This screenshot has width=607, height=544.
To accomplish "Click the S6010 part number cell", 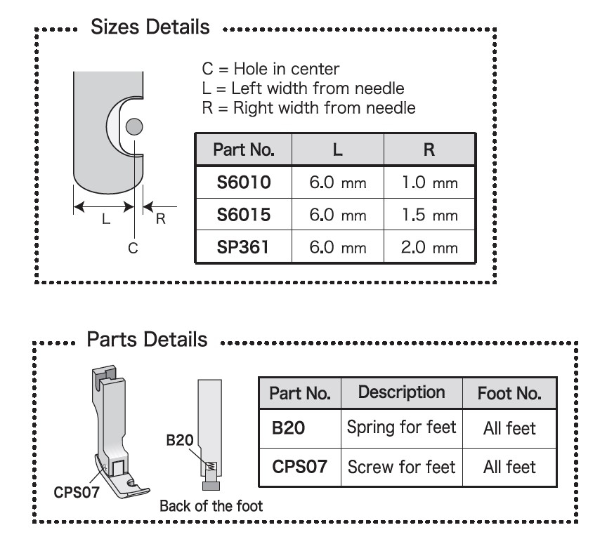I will (243, 183).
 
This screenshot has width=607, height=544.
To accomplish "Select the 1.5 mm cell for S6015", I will (429, 215).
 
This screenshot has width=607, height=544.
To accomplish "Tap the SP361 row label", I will (243, 247).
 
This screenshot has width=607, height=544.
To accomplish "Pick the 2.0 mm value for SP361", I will (429, 247).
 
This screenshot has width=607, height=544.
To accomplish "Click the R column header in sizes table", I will (429, 150).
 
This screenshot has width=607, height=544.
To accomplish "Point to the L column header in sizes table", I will (338, 150).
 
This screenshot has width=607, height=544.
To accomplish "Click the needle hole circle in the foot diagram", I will (134, 126).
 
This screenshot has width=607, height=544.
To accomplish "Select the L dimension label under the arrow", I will (105, 219).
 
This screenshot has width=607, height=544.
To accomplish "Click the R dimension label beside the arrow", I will (160, 218).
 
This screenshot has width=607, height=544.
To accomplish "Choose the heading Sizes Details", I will (150, 27).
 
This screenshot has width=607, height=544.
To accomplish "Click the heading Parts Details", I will (147, 340).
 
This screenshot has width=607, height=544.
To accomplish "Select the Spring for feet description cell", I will (401, 427).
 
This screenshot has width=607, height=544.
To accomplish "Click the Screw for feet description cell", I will (401, 466).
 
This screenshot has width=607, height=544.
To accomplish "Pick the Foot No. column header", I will (509, 393).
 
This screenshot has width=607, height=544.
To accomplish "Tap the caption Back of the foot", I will (211, 505).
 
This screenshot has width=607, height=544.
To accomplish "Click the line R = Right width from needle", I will (308, 108).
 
